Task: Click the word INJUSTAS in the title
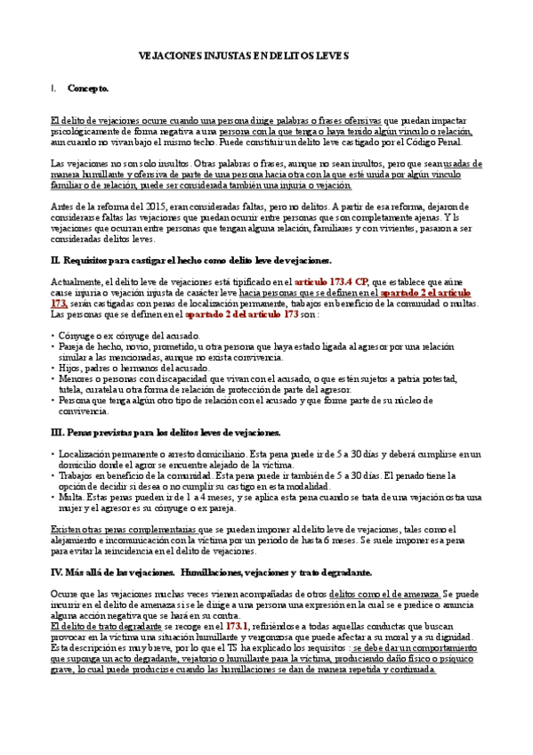coord(211,55)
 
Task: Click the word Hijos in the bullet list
coord(73,367)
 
